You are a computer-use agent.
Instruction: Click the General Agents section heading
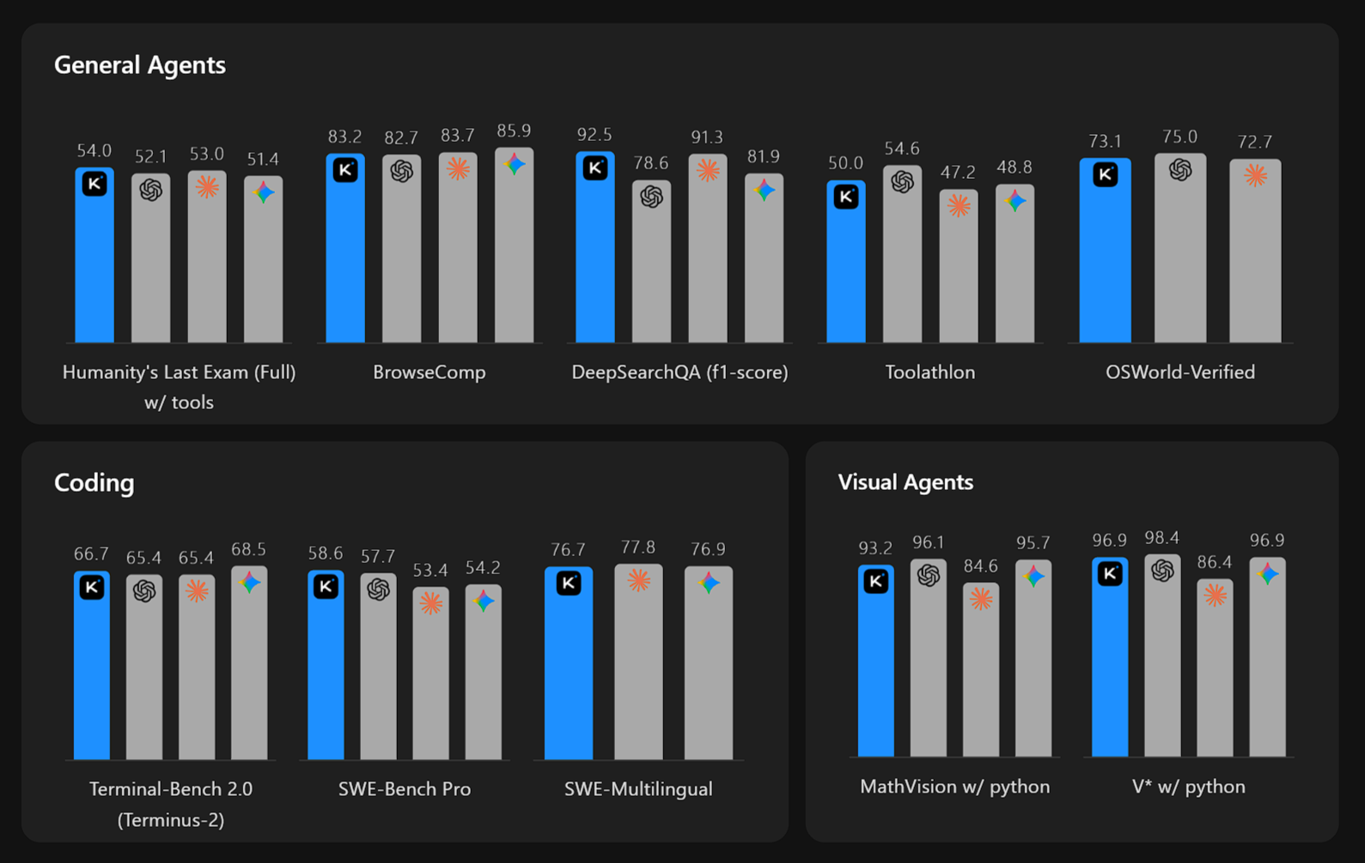139,65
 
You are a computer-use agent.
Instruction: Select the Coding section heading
94,483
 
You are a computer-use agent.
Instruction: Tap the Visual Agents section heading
905,482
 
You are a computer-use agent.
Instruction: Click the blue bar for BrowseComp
345,258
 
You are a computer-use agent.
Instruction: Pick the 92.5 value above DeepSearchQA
594,135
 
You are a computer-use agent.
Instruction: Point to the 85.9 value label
514,132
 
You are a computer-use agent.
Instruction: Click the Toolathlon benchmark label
929,372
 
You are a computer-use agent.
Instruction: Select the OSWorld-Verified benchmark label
1179,372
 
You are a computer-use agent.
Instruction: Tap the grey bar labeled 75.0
1179,258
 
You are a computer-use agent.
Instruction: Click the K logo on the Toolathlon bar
846,197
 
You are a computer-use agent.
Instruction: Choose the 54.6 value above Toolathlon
902,150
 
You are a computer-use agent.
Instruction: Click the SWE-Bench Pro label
404,789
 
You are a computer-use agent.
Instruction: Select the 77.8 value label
638,548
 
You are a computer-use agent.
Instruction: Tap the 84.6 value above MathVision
980,566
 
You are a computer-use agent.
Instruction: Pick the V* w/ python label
1188,786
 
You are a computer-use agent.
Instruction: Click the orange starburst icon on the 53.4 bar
431,603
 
